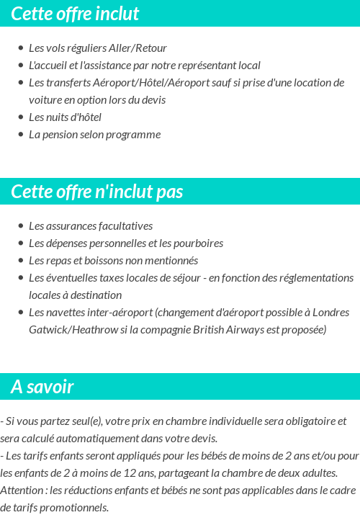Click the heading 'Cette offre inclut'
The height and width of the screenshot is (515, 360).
point(75,14)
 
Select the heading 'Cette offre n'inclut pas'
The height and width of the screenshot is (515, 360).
point(97,192)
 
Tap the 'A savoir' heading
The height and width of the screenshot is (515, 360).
point(42,387)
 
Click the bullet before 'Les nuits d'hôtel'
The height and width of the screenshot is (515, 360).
point(21,117)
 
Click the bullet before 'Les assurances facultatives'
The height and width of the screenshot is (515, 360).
point(21,226)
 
